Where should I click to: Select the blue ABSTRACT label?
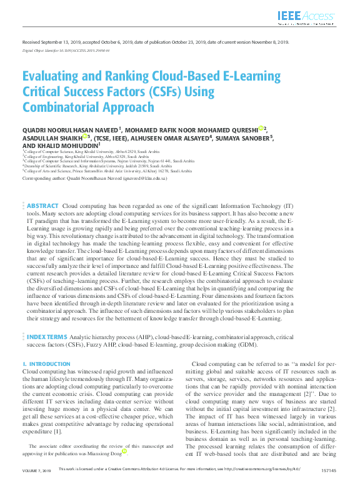click(42, 205)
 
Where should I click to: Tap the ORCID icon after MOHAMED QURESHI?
click(261, 129)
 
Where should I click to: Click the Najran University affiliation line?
click(99, 161)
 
